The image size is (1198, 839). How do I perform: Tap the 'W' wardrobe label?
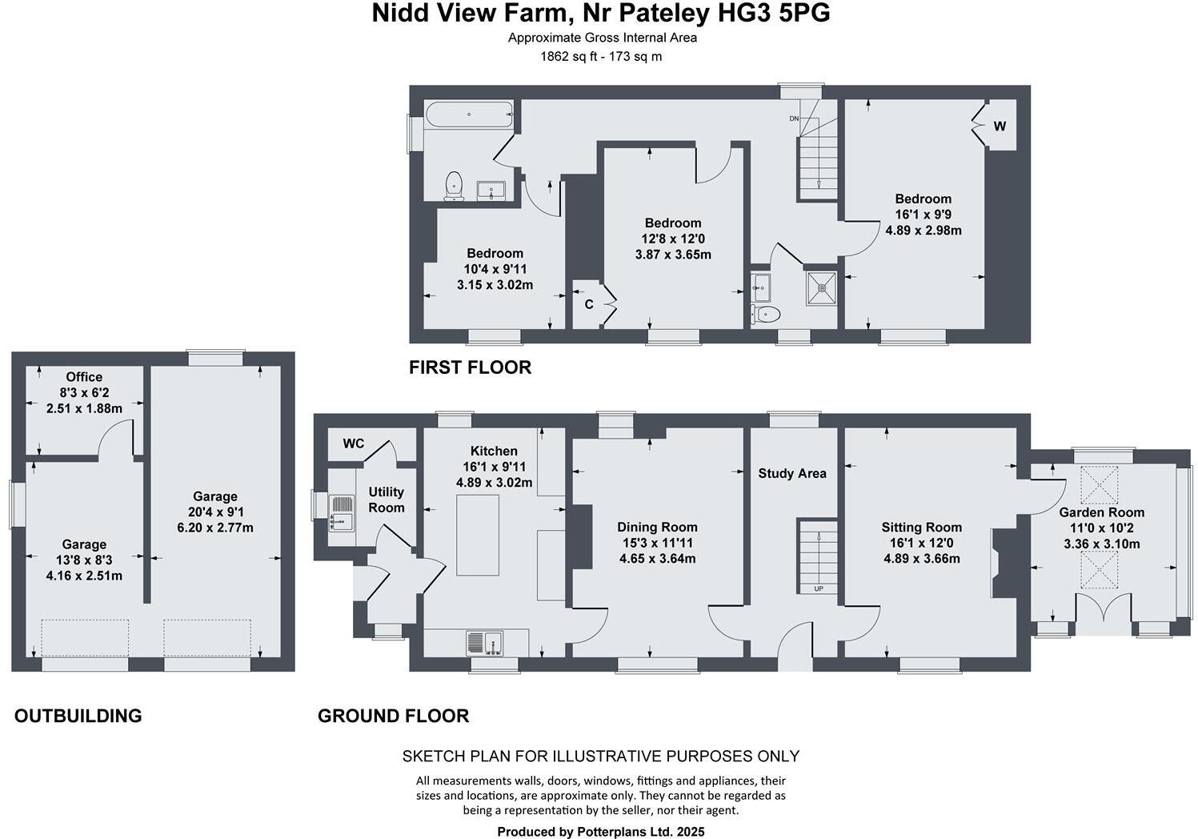[x=1000, y=126]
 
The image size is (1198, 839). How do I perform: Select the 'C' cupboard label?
[x=589, y=304]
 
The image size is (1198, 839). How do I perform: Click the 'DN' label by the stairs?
[x=794, y=119]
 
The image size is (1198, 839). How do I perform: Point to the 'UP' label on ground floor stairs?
[x=818, y=588]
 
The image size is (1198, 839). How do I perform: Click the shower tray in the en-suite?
[x=821, y=284]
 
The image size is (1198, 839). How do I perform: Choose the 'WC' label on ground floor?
[x=354, y=444]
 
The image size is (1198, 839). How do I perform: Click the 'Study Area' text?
[x=792, y=473]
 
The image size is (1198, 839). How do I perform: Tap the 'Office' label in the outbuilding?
[x=84, y=377]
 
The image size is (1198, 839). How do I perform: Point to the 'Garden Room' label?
[x=1101, y=512]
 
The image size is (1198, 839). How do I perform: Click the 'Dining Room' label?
[x=657, y=527]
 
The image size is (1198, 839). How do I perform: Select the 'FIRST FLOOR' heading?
[x=470, y=367]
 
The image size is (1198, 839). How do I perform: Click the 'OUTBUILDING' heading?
[x=78, y=716]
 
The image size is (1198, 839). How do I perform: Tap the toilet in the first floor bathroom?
[x=454, y=184]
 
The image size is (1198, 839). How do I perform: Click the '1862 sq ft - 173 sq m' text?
[x=601, y=56]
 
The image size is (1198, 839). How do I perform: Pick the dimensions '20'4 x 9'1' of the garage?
[x=214, y=512]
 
